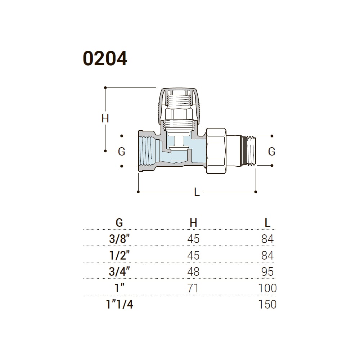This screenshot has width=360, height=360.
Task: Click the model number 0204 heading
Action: click(x=105, y=59)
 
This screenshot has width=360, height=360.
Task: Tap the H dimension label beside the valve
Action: click(x=105, y=119)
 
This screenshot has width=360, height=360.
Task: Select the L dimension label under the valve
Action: click(x=197, y=192)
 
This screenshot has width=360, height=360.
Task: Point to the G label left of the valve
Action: click(x=121, y=152)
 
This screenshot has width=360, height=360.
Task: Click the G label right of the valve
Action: click(x=271, y=152)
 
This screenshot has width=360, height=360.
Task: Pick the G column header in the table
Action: click(x=120, y=222)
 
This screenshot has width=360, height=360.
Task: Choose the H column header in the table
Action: click(x=193, y=222)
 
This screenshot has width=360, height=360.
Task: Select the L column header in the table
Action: click(x=267, y=222)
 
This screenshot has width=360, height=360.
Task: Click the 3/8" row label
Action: click(x=120, y=239)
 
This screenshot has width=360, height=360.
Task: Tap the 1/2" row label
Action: click(x=120, y=255)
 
